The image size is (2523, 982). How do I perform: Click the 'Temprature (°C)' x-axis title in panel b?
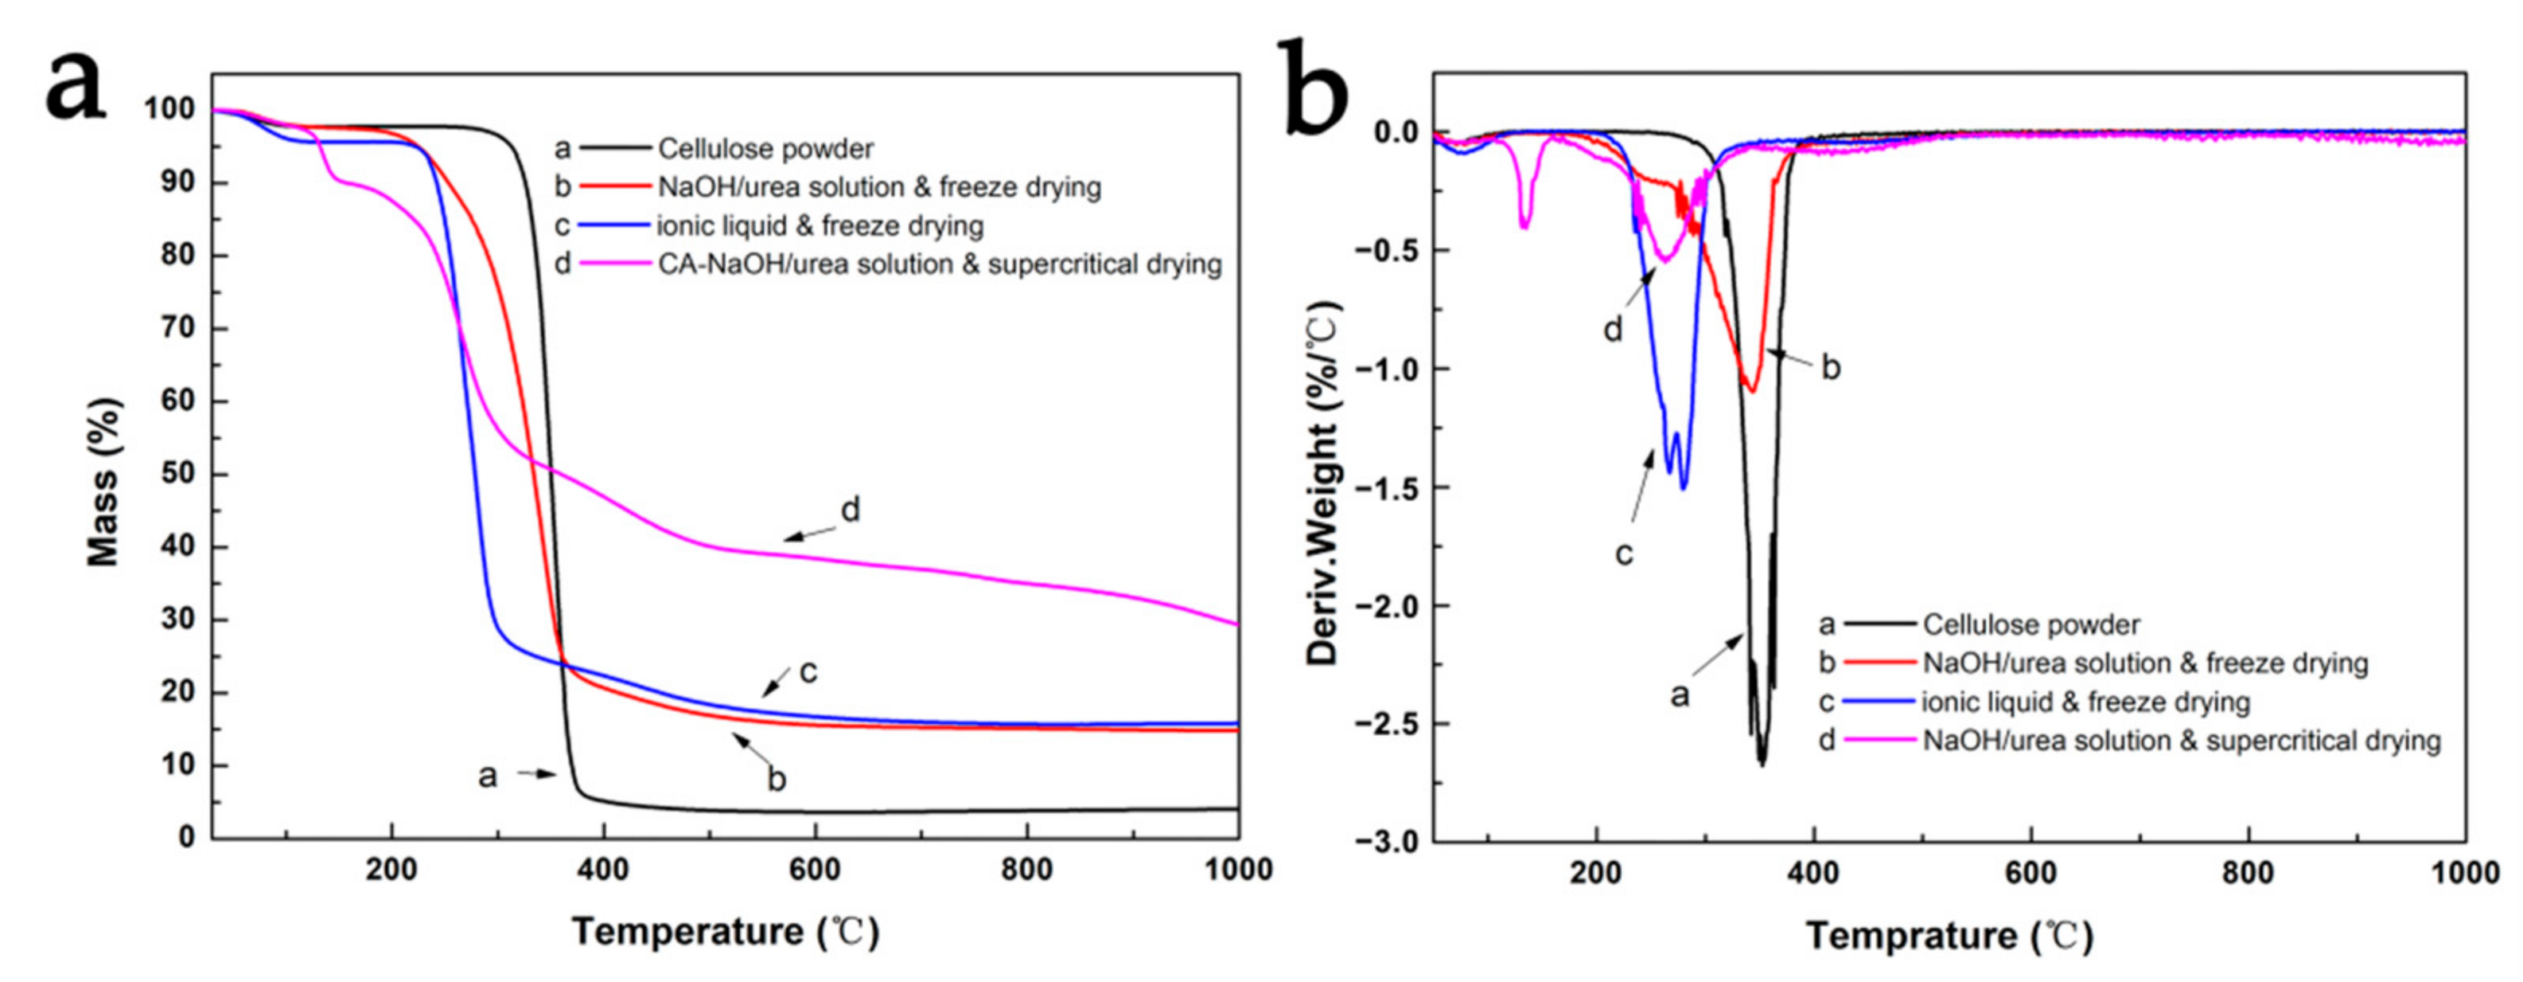tap(1949, 936)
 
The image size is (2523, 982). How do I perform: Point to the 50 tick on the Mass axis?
tap(177, 475)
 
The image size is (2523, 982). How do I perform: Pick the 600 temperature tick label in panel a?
tap(815, 869)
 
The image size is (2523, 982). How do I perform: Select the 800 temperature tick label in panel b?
tap(2248, 872)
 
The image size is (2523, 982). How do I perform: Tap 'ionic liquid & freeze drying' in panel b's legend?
tap(2085, 702)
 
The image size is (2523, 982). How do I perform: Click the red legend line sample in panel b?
tap(1879, 663)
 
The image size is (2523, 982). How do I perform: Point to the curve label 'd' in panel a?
tap(850, 510)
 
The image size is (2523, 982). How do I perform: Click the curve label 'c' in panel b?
tap(1623, 554)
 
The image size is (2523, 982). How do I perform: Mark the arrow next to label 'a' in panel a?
tap(537, 774)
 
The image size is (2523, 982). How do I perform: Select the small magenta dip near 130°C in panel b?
tap(1524, 225)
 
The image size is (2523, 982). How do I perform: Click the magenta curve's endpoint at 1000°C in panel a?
tap(1237, 624)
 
